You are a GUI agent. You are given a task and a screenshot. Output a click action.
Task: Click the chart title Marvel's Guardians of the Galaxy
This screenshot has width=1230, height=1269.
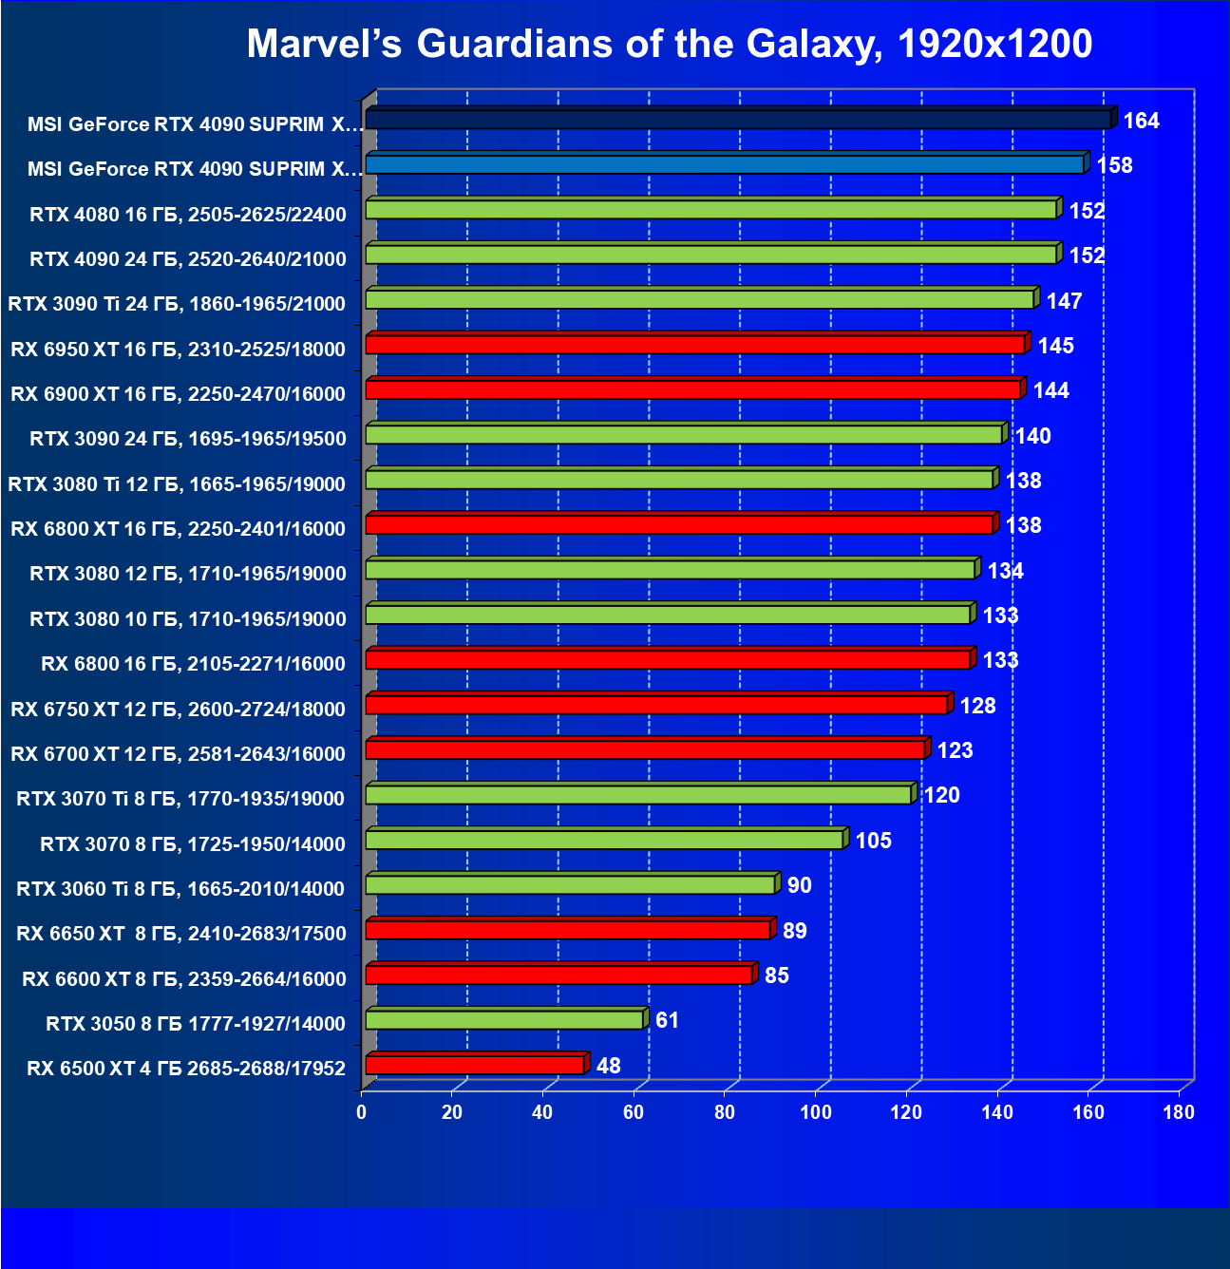click(669, 44)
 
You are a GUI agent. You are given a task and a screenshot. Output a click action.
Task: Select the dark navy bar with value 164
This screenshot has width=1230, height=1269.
click(738, 119)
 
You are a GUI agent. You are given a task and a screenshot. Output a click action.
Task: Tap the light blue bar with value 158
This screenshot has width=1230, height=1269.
click(725, 164)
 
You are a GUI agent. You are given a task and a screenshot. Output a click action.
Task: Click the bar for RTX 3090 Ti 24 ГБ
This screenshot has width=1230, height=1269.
click(700, 299)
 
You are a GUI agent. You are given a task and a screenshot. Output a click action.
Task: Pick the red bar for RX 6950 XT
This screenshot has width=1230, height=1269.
click(695, 344)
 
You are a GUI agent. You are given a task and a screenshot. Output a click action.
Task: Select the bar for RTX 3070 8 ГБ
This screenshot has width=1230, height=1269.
click(604, 840)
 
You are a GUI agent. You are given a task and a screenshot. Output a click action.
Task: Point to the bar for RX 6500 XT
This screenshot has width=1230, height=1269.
click(475, 1065)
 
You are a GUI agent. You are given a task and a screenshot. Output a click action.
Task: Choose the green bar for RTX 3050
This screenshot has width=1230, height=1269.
click(504, 1020)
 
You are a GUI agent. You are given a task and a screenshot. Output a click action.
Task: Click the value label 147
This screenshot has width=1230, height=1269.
click(1064, 301)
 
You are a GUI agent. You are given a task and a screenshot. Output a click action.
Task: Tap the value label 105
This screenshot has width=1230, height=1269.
click(873, 841)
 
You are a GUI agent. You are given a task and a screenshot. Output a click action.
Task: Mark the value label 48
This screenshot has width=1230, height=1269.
click(608, 1066)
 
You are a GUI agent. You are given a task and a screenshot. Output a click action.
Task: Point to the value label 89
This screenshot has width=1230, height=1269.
click(794, 931)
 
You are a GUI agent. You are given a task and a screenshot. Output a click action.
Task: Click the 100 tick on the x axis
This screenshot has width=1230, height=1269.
click(815, 1112)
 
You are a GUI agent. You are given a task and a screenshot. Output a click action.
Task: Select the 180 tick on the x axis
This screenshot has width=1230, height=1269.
click(1178, 1112)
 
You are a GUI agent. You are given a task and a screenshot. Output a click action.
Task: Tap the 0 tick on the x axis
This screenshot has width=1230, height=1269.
click(362, 1112)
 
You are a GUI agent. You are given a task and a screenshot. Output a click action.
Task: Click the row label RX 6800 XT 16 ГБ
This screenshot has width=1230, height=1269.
click(178, 529)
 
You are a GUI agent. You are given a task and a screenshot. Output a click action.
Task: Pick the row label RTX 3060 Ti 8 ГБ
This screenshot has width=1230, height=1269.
click(180, 889)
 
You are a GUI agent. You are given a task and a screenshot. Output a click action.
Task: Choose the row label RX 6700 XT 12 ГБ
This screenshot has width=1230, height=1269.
click(178, 754)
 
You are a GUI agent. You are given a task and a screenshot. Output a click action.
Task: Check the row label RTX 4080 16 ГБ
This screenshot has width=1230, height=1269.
click(187, 215)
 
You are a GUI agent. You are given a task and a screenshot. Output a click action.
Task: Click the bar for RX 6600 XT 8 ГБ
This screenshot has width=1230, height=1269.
click(558, 975)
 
